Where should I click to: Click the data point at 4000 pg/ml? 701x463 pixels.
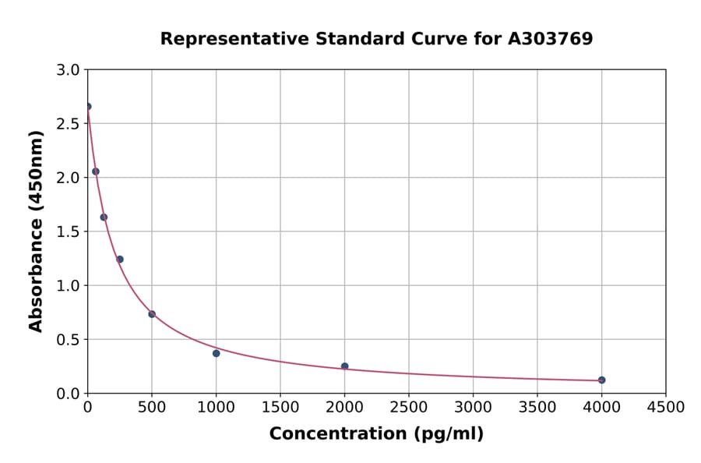point(601,380)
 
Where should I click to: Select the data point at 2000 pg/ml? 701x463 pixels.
point(344,366)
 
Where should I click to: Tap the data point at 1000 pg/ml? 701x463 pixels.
point(216,353)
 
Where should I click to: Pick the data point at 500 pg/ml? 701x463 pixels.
point(152,314)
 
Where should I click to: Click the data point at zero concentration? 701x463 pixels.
point(88,107)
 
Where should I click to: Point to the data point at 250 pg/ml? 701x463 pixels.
point(120,260)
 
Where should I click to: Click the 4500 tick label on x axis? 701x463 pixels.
point(665,408)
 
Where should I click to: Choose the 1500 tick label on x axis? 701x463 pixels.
point(280,408)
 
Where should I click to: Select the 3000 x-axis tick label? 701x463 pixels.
point(473,408)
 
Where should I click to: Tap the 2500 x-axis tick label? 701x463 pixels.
point(409,408)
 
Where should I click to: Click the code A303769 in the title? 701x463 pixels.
point(551,38)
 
